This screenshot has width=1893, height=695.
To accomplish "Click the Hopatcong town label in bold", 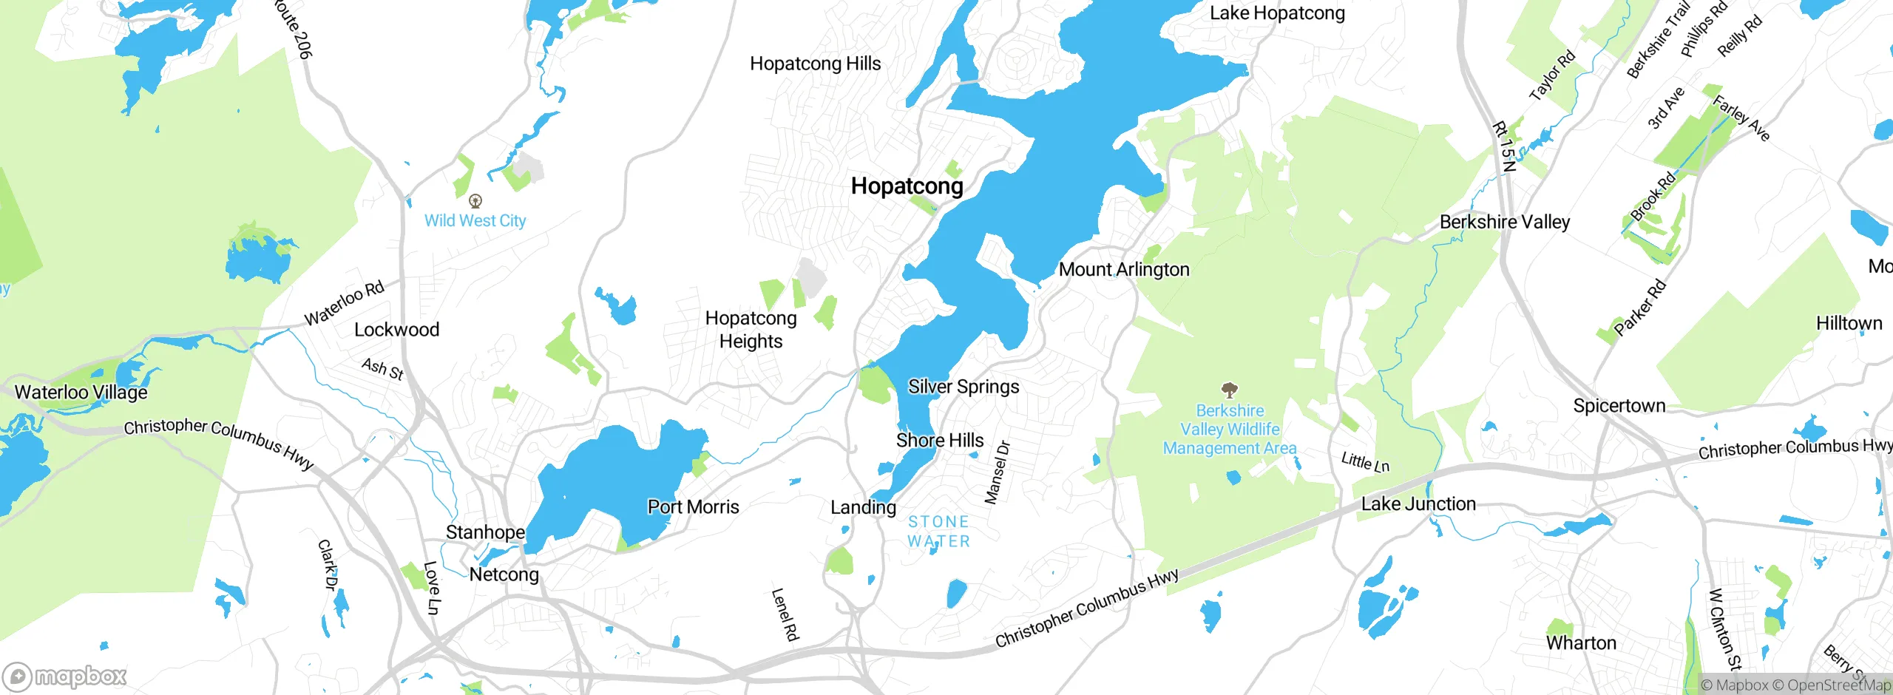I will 907,186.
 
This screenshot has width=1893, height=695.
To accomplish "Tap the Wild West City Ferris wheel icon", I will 475,200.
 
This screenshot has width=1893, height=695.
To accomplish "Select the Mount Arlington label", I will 1124,269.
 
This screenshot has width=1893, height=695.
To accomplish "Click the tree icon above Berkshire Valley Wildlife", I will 1229,390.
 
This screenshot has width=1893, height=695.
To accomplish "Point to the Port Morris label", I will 693,506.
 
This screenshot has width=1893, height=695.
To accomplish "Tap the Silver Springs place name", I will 964,387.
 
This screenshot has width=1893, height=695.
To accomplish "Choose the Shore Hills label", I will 940,440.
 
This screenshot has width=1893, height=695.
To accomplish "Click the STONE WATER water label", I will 938,532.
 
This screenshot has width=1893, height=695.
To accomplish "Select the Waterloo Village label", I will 81,392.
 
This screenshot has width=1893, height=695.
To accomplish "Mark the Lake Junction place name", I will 1418,504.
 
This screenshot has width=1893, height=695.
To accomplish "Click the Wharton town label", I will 1581,643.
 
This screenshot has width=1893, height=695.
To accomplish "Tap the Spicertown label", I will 1619,405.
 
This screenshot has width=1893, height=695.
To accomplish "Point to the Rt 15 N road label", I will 1504,146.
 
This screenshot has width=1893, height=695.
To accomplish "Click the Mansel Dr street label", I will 997,472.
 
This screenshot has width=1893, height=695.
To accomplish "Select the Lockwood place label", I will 396,329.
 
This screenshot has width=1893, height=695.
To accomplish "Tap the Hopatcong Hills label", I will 815,64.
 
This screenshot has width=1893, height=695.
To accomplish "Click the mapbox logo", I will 65,676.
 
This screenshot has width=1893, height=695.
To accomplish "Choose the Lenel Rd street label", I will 785,614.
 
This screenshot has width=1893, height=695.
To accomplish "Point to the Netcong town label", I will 504,574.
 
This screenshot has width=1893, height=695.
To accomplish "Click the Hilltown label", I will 1849,323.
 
